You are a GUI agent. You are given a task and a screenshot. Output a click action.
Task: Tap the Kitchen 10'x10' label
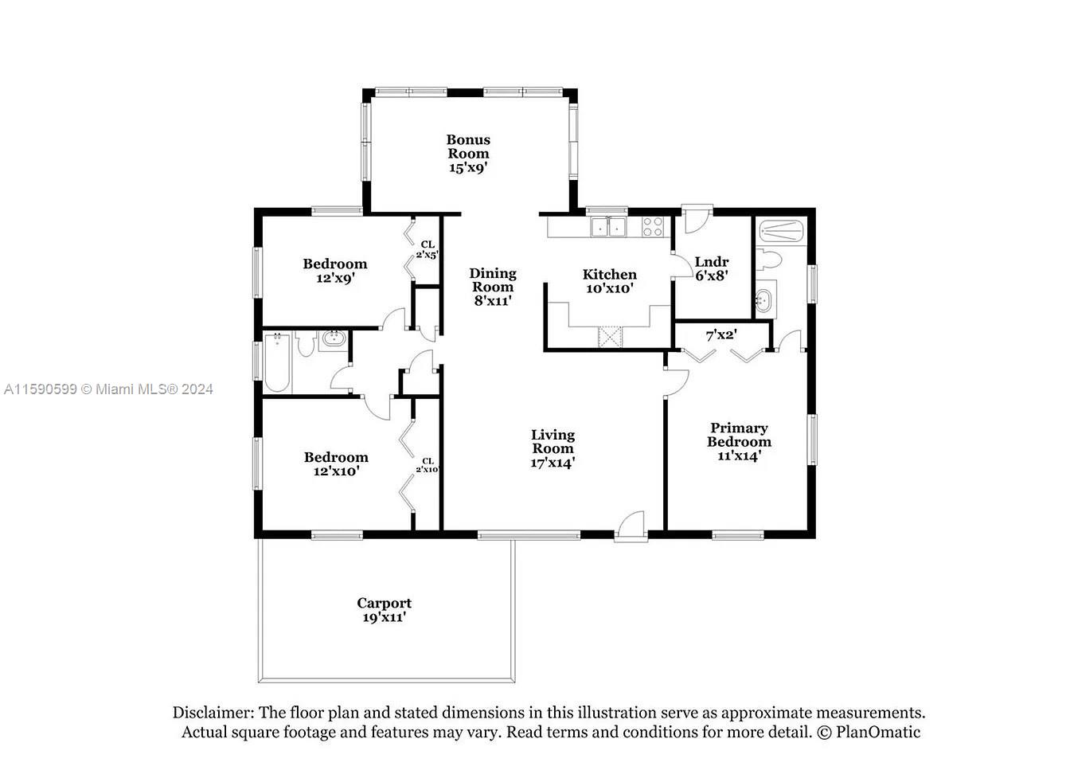point(610,281)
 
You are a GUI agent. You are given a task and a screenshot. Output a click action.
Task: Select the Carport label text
point(384,603)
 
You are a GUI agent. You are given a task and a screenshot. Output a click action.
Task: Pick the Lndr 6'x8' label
point(711,268)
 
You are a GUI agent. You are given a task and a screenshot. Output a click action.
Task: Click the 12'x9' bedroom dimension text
point(335,278)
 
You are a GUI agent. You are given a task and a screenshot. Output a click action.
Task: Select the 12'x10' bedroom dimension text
point(336,471)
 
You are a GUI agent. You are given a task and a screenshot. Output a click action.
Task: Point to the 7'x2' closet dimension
point(721,335)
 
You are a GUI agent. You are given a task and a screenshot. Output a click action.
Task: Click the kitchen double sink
point(608,227)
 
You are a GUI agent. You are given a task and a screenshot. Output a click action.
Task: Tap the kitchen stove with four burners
point(653,226)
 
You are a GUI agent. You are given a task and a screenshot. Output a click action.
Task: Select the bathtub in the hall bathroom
point(276,362)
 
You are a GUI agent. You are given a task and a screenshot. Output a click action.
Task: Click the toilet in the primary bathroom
point(768,260)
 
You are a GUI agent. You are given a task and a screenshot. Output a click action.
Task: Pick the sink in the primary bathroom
point(765,299)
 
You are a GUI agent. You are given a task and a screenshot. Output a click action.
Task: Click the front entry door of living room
point(631,526)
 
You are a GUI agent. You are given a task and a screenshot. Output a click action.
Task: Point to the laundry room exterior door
point(697,219)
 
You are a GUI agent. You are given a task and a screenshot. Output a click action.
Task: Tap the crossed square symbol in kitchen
point(610,336)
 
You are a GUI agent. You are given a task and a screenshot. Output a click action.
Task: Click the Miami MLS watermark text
point(108,389)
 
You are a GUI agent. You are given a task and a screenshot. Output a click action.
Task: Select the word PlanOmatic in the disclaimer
point(878,732)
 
